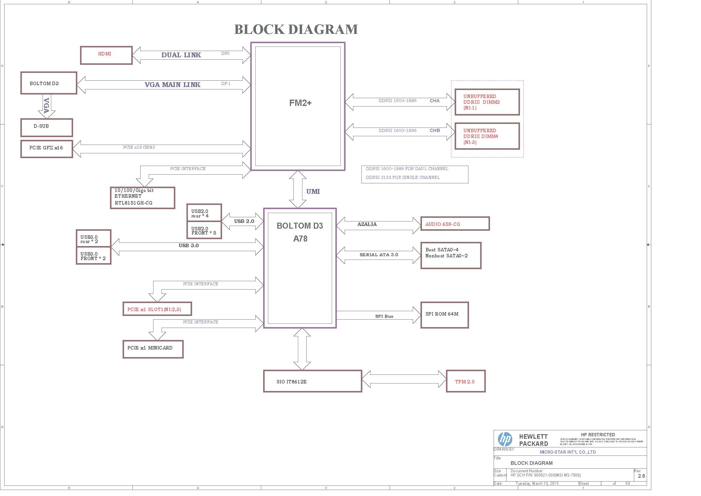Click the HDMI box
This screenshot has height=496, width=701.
tap(106, 55)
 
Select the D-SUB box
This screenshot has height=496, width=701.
tap(47, 128)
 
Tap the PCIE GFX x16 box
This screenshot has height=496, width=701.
tap(47, 149)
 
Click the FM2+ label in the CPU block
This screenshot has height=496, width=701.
tap(300, 103)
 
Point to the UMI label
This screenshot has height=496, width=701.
tap(313, 192)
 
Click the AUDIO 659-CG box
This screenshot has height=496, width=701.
tap(455, 224)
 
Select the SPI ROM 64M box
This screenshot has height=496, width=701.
tap(444, 315)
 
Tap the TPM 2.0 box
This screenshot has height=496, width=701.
tap(465, 381)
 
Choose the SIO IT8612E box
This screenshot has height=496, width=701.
tap(312, 381)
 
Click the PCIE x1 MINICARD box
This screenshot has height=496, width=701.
tap(153, 349)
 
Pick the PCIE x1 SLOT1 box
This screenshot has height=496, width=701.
tap(157, 309)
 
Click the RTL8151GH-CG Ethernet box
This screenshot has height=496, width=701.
tap(142, 198)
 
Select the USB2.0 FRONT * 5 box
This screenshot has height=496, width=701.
tap(204, 231)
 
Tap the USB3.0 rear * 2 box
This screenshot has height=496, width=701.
tap(93, 238)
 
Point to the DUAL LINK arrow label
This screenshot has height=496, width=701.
tap(181, 55)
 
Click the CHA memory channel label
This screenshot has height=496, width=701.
tap(435, 101)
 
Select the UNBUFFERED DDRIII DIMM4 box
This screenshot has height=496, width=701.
tap(487, 136)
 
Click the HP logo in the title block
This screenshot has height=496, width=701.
tap(505, 440)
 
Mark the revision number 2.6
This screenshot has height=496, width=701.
tap(641, 476)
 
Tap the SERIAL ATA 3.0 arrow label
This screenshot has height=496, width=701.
tap(379, 254)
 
